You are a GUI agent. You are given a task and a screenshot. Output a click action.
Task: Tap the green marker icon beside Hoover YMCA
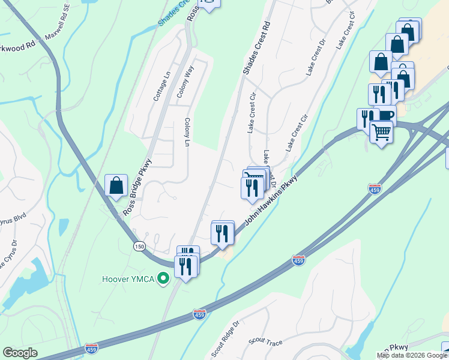(x=161, y=279)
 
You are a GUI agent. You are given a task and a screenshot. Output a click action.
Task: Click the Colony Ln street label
(x=187, y=132)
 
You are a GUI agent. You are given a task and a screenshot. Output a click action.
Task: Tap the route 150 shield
(x=139, y=247)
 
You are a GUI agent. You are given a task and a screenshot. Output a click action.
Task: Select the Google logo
(x=20, y=353)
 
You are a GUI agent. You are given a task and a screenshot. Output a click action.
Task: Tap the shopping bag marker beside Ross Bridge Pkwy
(x=116, y=186)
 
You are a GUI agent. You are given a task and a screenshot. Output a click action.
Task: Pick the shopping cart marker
(x=381, y=131)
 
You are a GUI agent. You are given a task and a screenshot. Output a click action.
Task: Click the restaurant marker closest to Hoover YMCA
(x=185, y=266)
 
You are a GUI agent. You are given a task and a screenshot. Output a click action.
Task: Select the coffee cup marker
(x=385, y=115)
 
